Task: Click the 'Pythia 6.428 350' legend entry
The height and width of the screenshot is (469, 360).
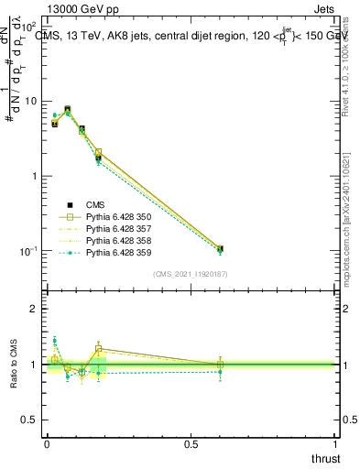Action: (x=116, y=217)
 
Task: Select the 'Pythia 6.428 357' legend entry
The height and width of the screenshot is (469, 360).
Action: (x=116, y=229)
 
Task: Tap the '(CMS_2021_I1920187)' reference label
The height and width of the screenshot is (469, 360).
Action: (x=191, y=274)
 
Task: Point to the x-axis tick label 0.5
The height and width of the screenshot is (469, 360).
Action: (x=191, y=444)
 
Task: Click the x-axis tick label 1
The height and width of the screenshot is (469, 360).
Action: (x=337, y=444)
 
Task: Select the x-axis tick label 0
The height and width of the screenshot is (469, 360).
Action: (x=47, y=444)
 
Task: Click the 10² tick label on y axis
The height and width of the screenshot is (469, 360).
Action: (x=29, y=27)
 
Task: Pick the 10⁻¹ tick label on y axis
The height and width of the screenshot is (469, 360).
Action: (x=29, y=251)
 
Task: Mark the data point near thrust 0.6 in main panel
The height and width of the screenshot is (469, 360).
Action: (x=220, y=248)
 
